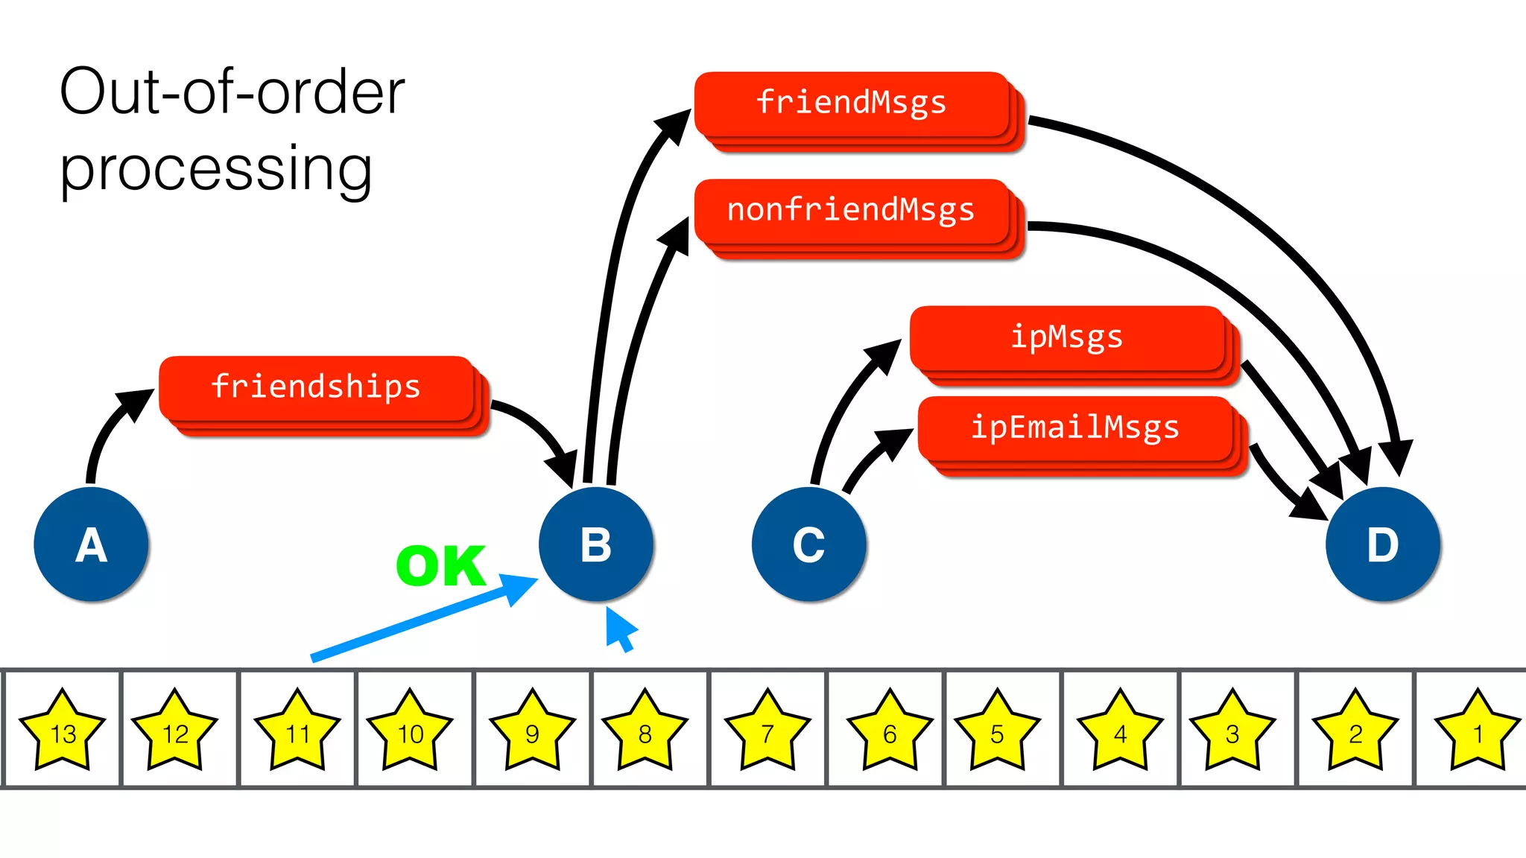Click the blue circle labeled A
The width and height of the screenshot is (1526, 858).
pyautogui.click(x=91, y=544)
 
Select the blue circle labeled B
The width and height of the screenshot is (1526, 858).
pyautogui.click(x=596, y=544)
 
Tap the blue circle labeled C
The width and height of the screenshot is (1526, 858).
pyautogui.click(x=809, y=544)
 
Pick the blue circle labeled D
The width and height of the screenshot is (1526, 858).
pyautogui.click(x=1383, y=544)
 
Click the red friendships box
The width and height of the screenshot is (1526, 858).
pyautogui.click(x=317, y=388)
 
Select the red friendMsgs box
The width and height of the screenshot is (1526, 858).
pyautogui.click(x=852, y=104)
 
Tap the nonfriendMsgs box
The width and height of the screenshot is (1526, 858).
pyautogui.click(x=852, y=211)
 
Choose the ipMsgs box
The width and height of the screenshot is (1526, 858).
pyautogui.click(x=1067, y=338)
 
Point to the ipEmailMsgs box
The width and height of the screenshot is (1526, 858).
pyautogui.click(x=1075, y=428)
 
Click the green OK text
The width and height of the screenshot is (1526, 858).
pyautogui.click(x=441, y=566)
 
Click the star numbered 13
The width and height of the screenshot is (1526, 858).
pyautogui.click(x=63, y=731)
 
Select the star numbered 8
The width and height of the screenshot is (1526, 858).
pyautogui.click(x=645, y=731)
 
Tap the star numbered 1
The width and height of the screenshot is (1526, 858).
pyautogui.click(x=1478, y=731)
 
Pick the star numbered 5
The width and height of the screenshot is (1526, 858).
pyautogui.click(x=997, y=731)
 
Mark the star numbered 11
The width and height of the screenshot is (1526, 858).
pyautogui.click(x=297, y=731)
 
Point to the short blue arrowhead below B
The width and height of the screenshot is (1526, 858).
pyautogui.click(x=620, y=627)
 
